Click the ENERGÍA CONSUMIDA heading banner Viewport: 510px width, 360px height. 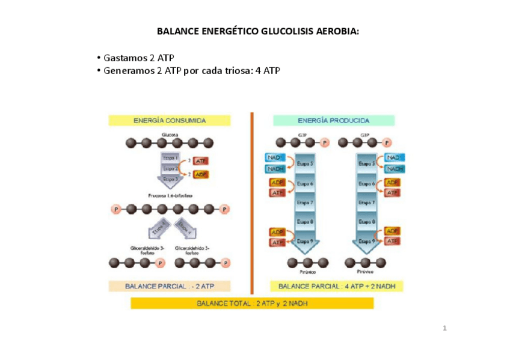[x=169, y=120]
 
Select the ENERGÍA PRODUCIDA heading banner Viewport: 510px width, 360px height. [x=334, y=120]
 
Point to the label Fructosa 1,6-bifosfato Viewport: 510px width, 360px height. [x=170, y=196]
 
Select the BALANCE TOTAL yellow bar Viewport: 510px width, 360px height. [x=252, y=304]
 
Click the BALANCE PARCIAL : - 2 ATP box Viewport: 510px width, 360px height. [x=169, y=286]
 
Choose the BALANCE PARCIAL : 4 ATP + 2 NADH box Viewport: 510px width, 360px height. [x=337, y=286]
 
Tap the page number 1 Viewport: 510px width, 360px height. [x=444, y=328]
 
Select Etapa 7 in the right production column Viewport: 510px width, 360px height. [x=367, y=203]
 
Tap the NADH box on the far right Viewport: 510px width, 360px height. [x=393, y=169]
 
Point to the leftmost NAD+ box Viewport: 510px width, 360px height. [x=275, y=157]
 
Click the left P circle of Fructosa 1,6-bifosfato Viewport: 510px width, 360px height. [x=115, y=209]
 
